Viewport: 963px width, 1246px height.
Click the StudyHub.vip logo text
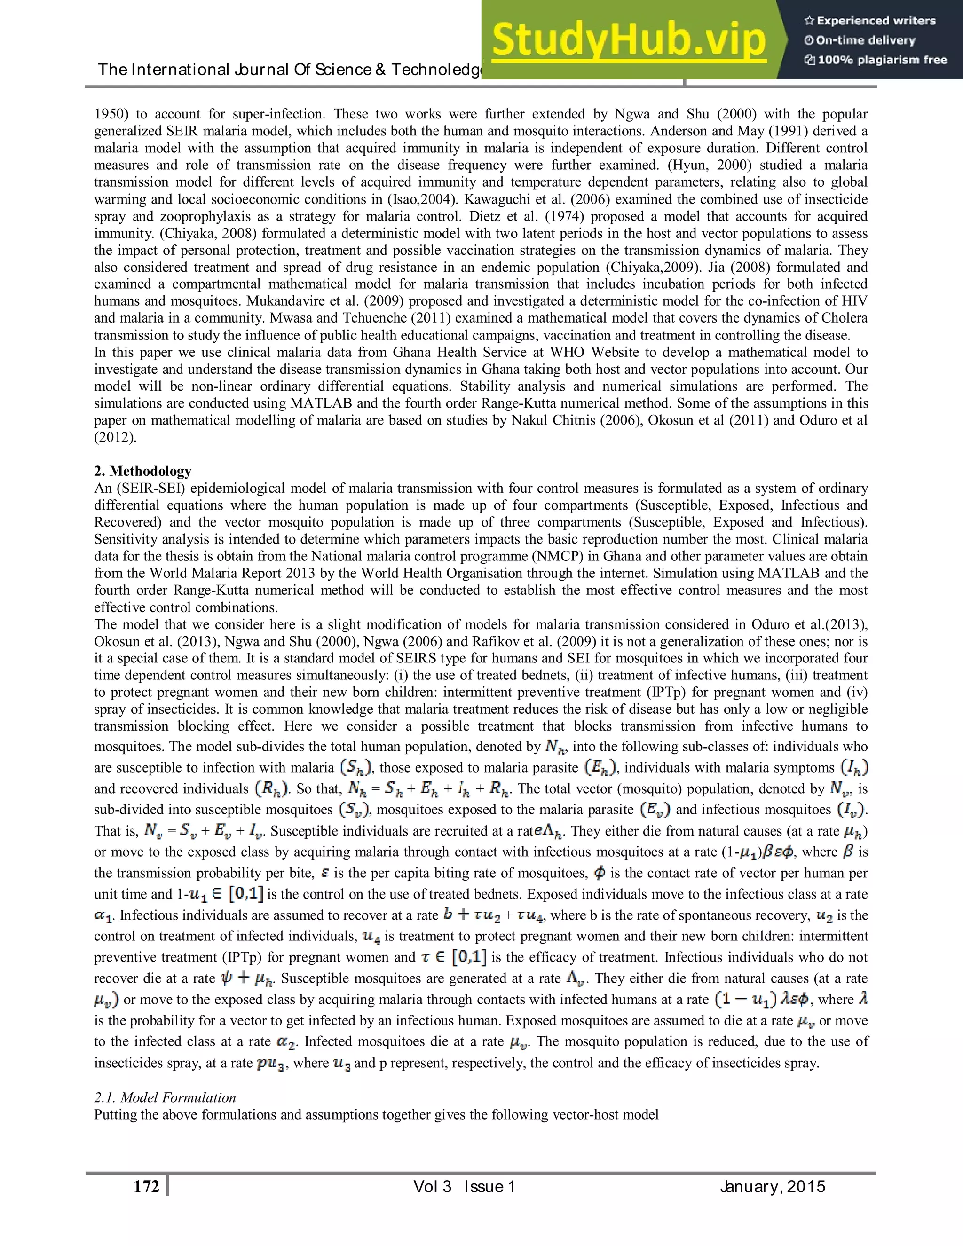point(628,40)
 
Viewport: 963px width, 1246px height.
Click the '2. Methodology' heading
point(142,471)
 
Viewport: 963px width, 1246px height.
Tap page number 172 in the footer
point(146,1187)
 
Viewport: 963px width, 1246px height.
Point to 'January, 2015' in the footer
point(772,1187)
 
